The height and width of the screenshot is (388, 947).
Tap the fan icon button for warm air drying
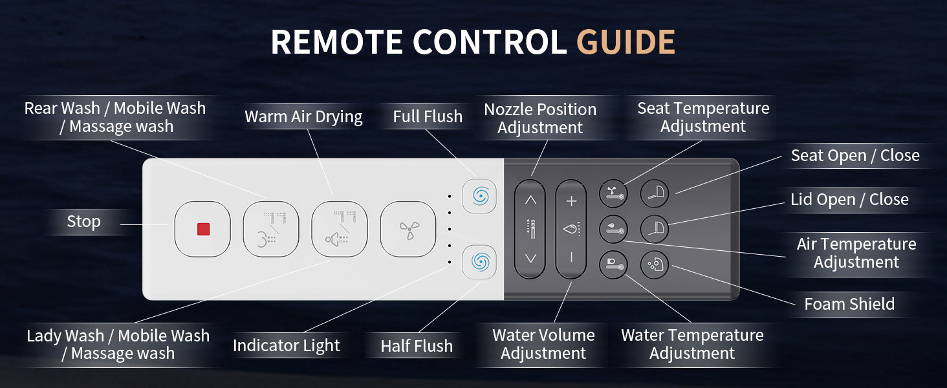[408, 229]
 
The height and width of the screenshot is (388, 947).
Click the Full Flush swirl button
[479, 196]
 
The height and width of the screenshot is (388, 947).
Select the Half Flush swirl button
[479, 262]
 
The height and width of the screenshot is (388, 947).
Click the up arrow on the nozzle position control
[530, 200]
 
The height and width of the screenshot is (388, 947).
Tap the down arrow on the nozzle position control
[530, 258]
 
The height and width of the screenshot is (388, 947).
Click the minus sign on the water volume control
[571, 257]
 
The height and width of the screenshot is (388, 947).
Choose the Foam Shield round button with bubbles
[655, 265]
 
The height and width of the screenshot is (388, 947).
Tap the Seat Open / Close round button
[655, 194]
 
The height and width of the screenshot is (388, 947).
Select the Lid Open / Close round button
[655, 229]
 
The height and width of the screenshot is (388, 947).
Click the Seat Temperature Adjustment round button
[613, 194]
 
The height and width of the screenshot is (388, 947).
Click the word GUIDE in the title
[626, 42]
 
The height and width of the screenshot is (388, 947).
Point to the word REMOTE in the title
[337, 42]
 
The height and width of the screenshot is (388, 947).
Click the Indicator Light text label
[286, 346]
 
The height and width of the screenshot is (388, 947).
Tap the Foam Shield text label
[849, 304]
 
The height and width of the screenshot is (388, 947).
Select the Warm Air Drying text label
[303, 116]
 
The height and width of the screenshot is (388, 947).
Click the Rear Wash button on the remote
[271, 229]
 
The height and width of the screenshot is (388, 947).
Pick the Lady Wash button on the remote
[340, 229]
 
